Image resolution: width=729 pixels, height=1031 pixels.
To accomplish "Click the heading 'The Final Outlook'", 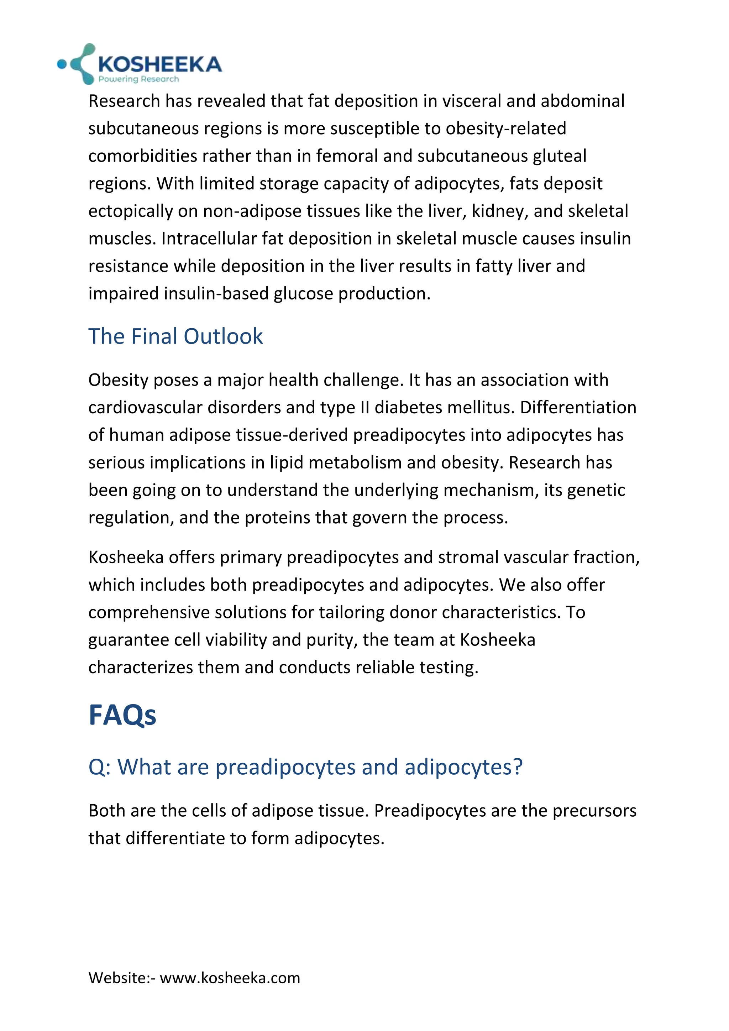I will (x=175, y=336).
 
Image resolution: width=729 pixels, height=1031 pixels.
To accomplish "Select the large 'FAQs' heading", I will (x=122, y=715).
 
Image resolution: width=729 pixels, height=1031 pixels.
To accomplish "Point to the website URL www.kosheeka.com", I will (x=230, y=978).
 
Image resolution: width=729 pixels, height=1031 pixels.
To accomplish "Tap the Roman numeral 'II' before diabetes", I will (x=365, y=408).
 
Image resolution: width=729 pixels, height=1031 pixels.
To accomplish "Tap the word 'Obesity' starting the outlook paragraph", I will (x=119, y=380).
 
